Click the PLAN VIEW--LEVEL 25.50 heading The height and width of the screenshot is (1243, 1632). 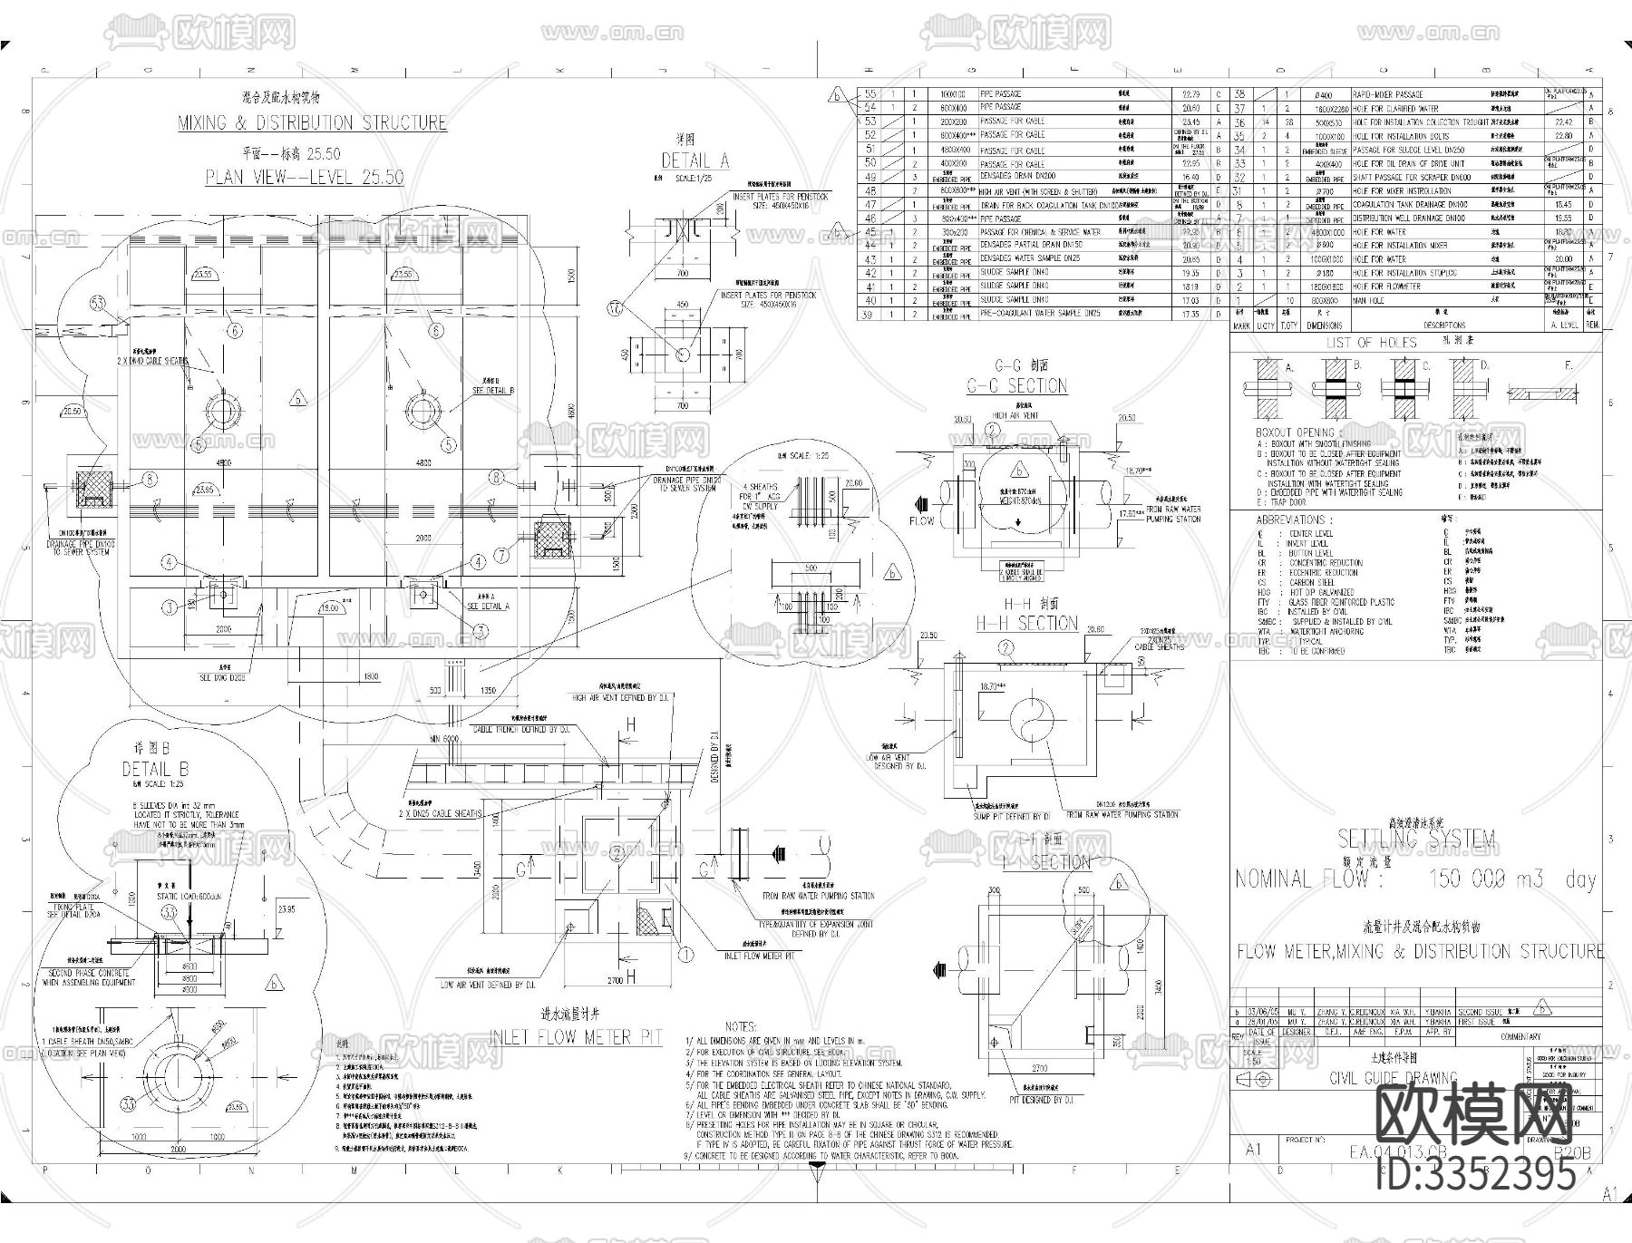[x=304, y=177]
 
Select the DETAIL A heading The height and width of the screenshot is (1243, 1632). [x=695, y=161]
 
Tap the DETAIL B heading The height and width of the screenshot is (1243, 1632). [x=155, y=770]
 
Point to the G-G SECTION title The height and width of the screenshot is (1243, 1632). [x=1016, y=386]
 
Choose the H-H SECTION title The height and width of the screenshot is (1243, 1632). [x=1026, y=624]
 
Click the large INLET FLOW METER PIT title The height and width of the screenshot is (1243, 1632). [x=576, y=1036]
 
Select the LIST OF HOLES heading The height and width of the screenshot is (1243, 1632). [x=1371, y=343]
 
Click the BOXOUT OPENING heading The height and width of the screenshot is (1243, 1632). [x=1295, y=432]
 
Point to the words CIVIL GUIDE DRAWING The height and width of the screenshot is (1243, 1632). [x=1393, y=1078]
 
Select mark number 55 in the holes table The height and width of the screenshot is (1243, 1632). [x=869, y=94]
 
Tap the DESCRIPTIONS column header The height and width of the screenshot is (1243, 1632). [x=1443, y=325]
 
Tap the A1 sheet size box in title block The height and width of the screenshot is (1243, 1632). [x=1254, y=1149]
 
